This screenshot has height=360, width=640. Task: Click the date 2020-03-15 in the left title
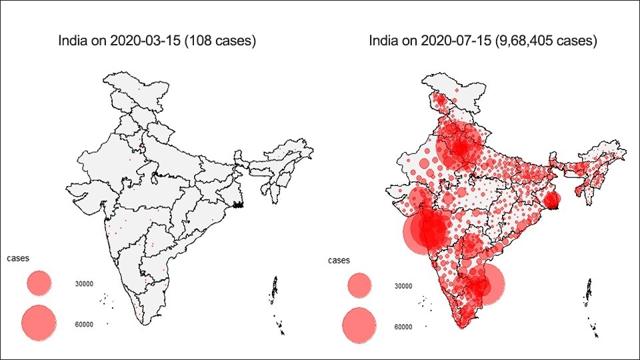click(145, 41)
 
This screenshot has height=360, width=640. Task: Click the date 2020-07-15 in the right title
click(456, 41)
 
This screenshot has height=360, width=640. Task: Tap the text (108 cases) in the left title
click(221, 41)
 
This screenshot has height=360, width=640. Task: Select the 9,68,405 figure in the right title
click(524, 41)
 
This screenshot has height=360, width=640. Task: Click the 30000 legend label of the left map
click(84, 284)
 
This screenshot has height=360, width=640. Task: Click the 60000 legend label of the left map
click(84, 325)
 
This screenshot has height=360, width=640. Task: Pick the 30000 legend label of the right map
click(403, 287)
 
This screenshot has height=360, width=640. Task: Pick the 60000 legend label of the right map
click(403, 327)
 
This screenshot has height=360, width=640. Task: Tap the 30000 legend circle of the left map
click(39, 283)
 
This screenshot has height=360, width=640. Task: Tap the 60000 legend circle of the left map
click(39, 323)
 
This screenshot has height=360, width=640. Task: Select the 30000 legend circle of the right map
click(359, 285)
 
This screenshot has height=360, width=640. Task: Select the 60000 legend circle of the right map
click(359, 325)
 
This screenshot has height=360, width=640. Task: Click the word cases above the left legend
click(18, 259)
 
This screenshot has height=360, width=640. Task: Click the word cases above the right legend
click(339, 261)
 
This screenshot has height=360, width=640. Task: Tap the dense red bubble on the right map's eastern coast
click(552, 199)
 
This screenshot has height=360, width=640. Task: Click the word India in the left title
click(73, 41)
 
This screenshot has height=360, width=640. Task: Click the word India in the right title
click(384, 41)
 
